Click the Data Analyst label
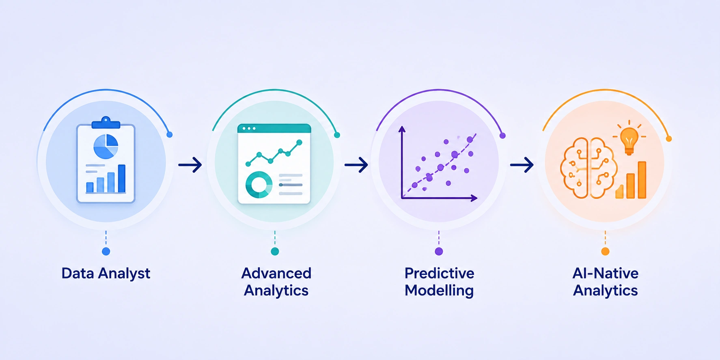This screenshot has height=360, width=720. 106,274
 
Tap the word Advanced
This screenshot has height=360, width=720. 276,273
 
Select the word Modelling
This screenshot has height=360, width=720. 439,291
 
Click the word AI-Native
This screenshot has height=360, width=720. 605,273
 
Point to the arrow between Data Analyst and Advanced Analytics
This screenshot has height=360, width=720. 190,165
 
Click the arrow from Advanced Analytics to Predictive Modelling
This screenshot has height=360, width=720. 356,165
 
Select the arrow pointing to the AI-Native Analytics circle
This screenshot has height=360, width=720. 522,165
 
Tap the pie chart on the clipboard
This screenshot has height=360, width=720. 106,147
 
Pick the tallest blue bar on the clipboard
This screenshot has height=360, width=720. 122,178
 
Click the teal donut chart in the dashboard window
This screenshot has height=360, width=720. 259,185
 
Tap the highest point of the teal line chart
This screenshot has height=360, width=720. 300,142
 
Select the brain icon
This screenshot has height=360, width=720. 589,168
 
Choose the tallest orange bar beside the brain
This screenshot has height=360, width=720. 642,180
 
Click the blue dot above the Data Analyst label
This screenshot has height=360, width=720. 106,252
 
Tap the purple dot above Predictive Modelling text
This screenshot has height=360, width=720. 439,252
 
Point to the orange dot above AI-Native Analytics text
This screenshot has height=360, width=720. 605,252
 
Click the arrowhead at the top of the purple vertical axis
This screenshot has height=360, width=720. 402,129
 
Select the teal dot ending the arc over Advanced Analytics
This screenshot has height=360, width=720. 337,135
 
